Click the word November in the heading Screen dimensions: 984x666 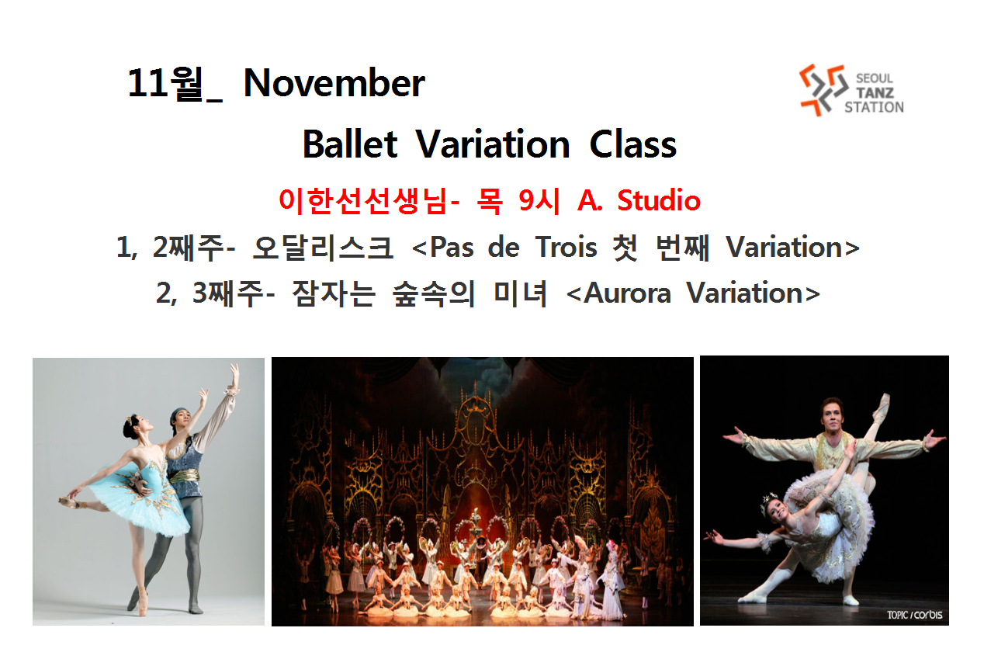click(x=334, y=83)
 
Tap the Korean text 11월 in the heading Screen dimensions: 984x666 click(x=166, y=83)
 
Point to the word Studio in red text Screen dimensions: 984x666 click(x=659, y=200)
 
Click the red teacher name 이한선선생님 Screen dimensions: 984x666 click(x=363, y=201)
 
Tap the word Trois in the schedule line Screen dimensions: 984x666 click(x=566, y=247)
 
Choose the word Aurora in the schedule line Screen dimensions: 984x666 click(x=628, y=293)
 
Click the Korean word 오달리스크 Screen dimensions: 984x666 click(x=322, y=248)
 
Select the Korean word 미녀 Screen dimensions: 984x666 click(x=520, y=293)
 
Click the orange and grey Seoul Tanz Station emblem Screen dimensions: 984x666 click(x=823, y=89)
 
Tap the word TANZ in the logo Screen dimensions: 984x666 click(x=875, y=92)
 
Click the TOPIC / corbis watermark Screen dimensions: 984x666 click(x=914, y=615)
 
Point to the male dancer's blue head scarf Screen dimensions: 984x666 click(x=180, y=415)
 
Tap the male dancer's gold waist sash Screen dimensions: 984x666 click(x=184, y=475)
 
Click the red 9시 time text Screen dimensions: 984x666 click(x=539, y=201)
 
